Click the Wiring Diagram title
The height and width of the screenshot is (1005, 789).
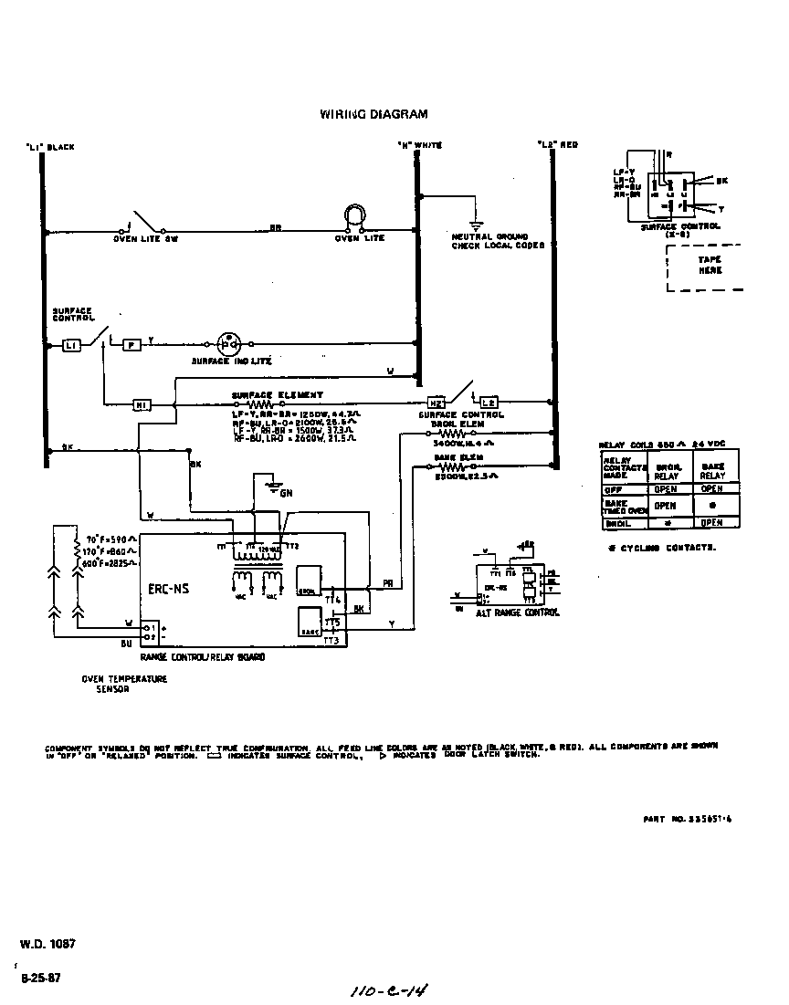[373, 115]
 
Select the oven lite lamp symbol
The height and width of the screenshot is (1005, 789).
[353, 215]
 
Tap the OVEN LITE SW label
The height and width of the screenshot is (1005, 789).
[145, 238]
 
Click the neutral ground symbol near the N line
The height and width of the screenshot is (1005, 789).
[475, 225]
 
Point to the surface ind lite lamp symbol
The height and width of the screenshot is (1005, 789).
[228, 344]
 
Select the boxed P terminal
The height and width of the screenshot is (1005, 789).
[132, 345]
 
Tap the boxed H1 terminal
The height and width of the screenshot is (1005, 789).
[142, 403]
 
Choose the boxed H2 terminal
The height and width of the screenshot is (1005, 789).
[437, 403]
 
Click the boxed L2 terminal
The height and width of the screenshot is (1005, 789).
[489, 403]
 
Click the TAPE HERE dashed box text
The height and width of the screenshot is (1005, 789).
[710, 265]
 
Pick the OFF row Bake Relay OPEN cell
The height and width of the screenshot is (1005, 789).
[712, 489]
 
